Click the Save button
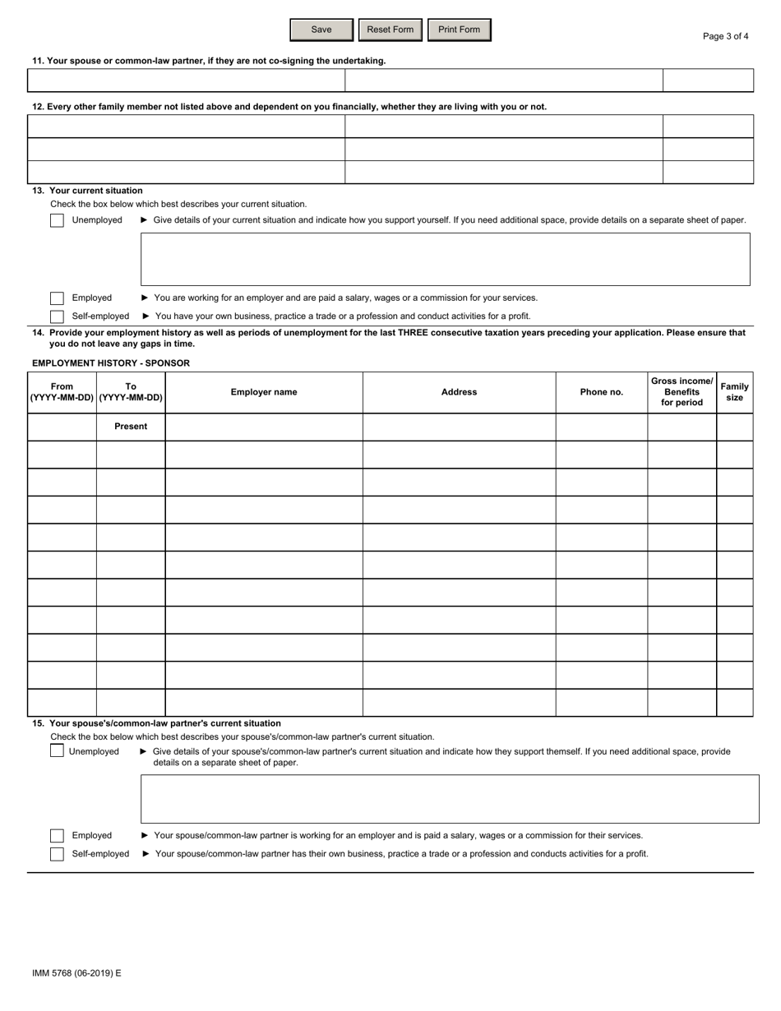coord(321,30)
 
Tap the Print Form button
coord(459,30)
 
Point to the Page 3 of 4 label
coord(726,36)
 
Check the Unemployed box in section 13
coord(57,220)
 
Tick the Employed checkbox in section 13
coord(57,298)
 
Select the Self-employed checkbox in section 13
coord(57,316)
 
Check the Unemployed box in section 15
coord(57,751)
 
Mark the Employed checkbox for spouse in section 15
coord(57,836)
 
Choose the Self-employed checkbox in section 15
coord(57,854)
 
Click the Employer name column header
coord(264,392)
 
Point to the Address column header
coord(459,392)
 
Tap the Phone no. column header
coord(601,392)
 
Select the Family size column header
coord(734,392)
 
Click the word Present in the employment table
coord(131,427)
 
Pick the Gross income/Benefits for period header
coord(682,392)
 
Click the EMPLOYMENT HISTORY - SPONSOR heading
coord(111,363)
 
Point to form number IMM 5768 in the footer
coord(76,973)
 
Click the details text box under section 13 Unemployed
coord(445,259)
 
